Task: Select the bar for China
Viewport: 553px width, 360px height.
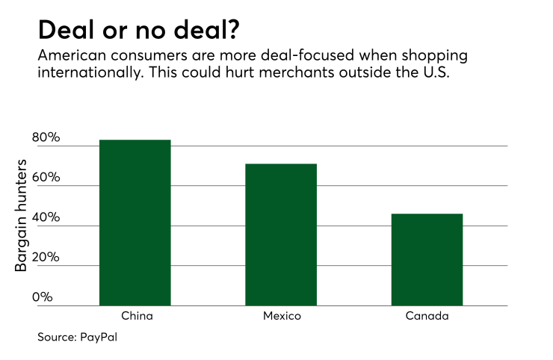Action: pos(135,223)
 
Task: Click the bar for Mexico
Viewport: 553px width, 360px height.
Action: pos(281,235)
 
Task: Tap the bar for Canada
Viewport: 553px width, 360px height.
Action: pos(427,259)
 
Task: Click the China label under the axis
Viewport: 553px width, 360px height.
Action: pos(135,316)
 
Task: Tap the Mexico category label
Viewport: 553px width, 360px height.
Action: pos(282,316)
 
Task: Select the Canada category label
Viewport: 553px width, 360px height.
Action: pos(427,316)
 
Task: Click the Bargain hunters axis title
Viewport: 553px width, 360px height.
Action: pos(23,216)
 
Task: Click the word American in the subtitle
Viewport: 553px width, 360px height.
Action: pos(71,57)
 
